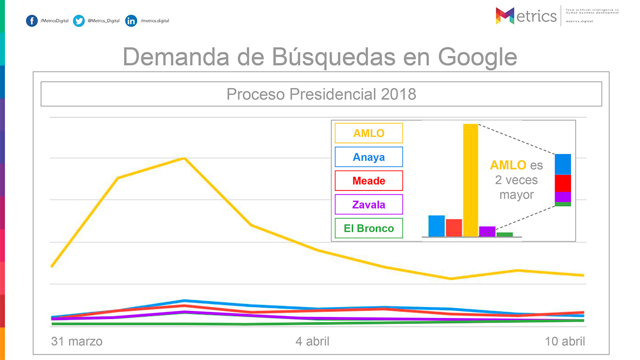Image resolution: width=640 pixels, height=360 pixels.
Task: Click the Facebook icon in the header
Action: [x=31, y=21]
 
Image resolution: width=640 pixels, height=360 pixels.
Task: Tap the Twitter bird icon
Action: [x=78, y=21]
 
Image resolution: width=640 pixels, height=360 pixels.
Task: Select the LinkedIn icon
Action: [x=131, y=21]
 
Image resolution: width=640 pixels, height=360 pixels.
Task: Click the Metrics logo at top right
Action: [x=526, y=15]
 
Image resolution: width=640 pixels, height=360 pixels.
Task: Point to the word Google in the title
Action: [x=477, y=57]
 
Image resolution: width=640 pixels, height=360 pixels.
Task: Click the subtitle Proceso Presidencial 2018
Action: [x=321, y=94]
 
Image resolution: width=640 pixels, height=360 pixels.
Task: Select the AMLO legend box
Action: [x=369, y=133]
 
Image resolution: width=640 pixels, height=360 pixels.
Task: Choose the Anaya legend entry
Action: [x=369, y=157]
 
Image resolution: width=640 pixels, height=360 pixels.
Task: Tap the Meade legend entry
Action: [x=369, y=180]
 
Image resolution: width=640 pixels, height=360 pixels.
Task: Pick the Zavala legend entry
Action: [x=369, y=204]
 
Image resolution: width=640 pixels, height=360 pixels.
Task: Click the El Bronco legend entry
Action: [x=369, y=228]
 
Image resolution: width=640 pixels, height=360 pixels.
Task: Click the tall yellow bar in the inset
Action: [x=470, y=180]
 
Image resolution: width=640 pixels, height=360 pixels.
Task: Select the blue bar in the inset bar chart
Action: [x=436, y=225]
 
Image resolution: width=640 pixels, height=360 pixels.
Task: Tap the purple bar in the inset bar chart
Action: [x=487, y=231]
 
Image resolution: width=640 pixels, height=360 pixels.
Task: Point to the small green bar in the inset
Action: [x=504, y=234]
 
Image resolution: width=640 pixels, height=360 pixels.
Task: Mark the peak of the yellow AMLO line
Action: [x=184, y=158]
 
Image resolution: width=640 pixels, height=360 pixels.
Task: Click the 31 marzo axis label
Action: [x=77, y=341]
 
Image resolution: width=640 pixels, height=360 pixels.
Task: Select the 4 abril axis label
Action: [x=312, y=341]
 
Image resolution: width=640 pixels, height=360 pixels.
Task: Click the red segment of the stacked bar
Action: [x=562, y=183]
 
